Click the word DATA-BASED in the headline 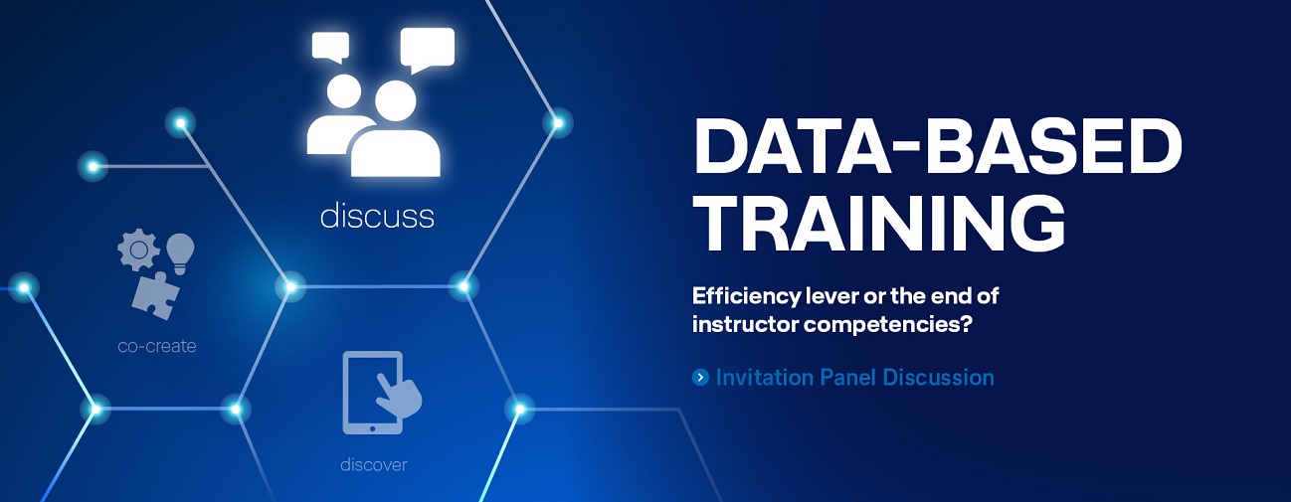click(x=938, y=145)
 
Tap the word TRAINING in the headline click(x=879, y=223)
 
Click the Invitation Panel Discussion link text click(x=854, y=378)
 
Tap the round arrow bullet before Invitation click(x=700, y=378)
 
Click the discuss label click(x=377, y=216)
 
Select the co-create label click(x=157, y=346)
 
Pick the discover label click(x=373, y=464)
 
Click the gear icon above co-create click(x=138, y=250)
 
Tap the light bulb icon click(x=180, y=253)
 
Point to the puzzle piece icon click(x=155, y=295)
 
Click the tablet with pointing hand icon click(x=380, y=392)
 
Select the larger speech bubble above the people click(x=427, y=49)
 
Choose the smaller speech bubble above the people click(x=330, y=46)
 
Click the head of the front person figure click(x=396, y=100)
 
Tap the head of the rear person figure click(x=344, y=91)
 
